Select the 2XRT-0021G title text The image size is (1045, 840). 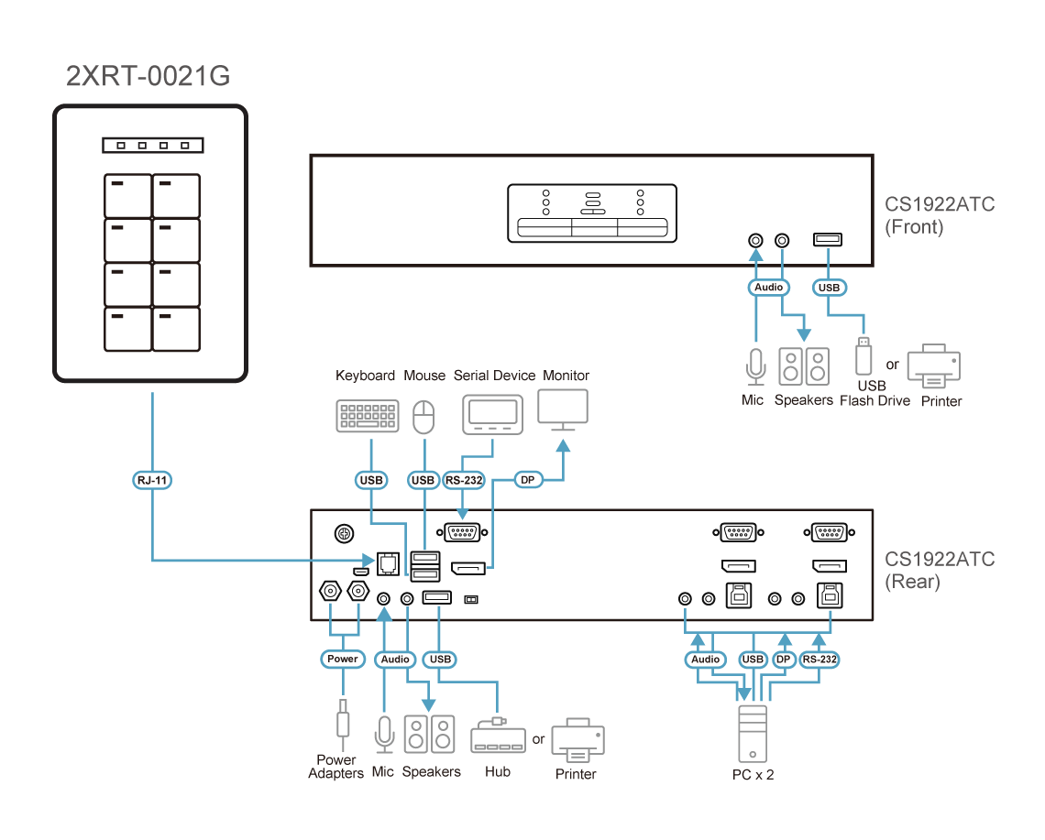148,76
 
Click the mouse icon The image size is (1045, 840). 423,418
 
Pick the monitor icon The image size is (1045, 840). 563,409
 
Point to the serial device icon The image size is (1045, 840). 493,415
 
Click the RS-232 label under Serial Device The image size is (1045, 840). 464,479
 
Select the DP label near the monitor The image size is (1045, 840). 526,479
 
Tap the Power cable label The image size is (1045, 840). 343,659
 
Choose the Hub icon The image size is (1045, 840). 498,736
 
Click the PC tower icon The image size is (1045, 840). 752,732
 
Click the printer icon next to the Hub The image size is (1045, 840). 577,740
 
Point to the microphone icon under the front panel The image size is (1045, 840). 754,365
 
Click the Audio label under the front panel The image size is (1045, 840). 768,288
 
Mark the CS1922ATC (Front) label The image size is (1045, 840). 940,215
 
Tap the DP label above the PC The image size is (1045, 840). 784,659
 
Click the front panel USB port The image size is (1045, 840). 829,240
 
